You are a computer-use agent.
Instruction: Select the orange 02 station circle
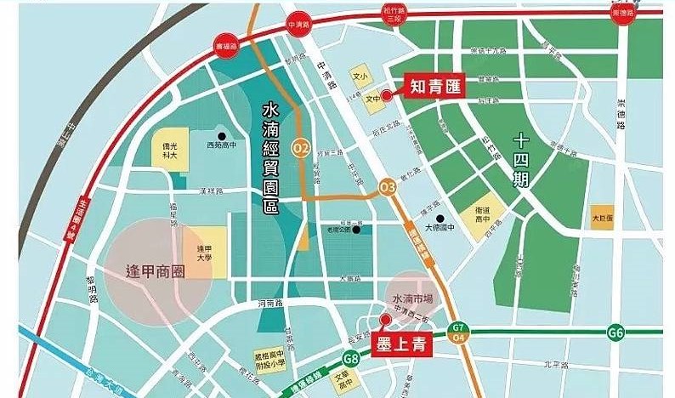coord(300,148)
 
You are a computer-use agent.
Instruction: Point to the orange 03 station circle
coord(388,186)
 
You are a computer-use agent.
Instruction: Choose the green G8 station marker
coord(352,359)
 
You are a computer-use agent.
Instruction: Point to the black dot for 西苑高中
coord(221,135)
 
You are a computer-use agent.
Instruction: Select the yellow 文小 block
coord(360,77)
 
